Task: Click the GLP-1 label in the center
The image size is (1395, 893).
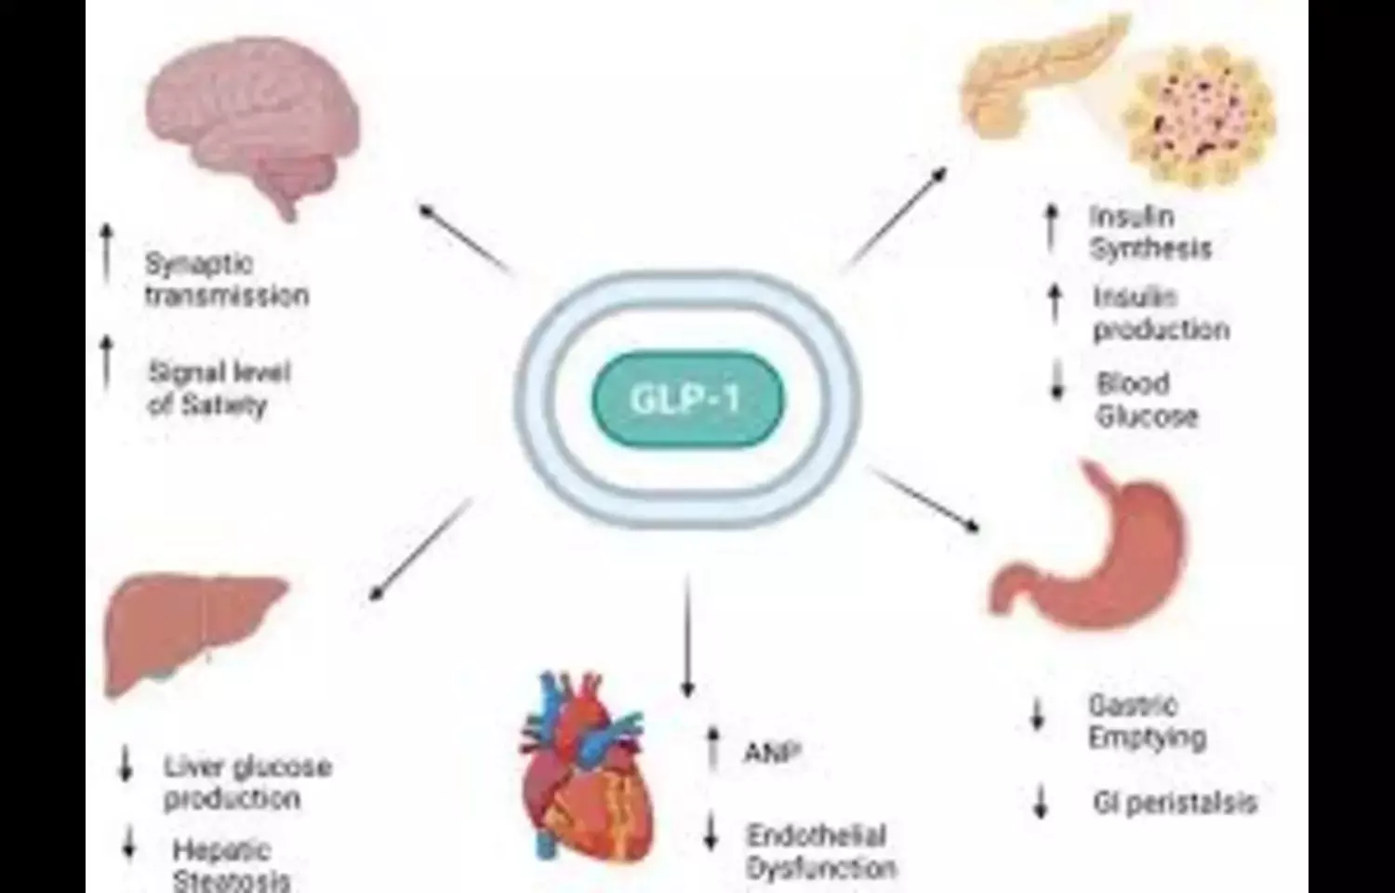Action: (687, 399)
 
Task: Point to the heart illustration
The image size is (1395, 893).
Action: (586, 772)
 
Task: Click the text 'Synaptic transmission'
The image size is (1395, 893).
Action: (225, 280)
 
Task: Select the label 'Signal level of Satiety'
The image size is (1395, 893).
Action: (219, 389)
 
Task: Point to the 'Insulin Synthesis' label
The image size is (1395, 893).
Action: (1149, 233)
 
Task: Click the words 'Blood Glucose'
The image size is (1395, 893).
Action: (1146, 400)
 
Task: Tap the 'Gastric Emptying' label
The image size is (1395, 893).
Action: (1147, 722)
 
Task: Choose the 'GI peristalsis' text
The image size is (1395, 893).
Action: (1175, 803)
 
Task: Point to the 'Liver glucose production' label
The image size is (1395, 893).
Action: (246, 782)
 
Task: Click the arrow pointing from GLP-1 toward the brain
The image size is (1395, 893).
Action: (465, 236)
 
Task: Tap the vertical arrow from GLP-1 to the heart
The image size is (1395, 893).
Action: (688, 637)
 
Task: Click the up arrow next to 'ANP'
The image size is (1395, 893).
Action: (713, 749)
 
